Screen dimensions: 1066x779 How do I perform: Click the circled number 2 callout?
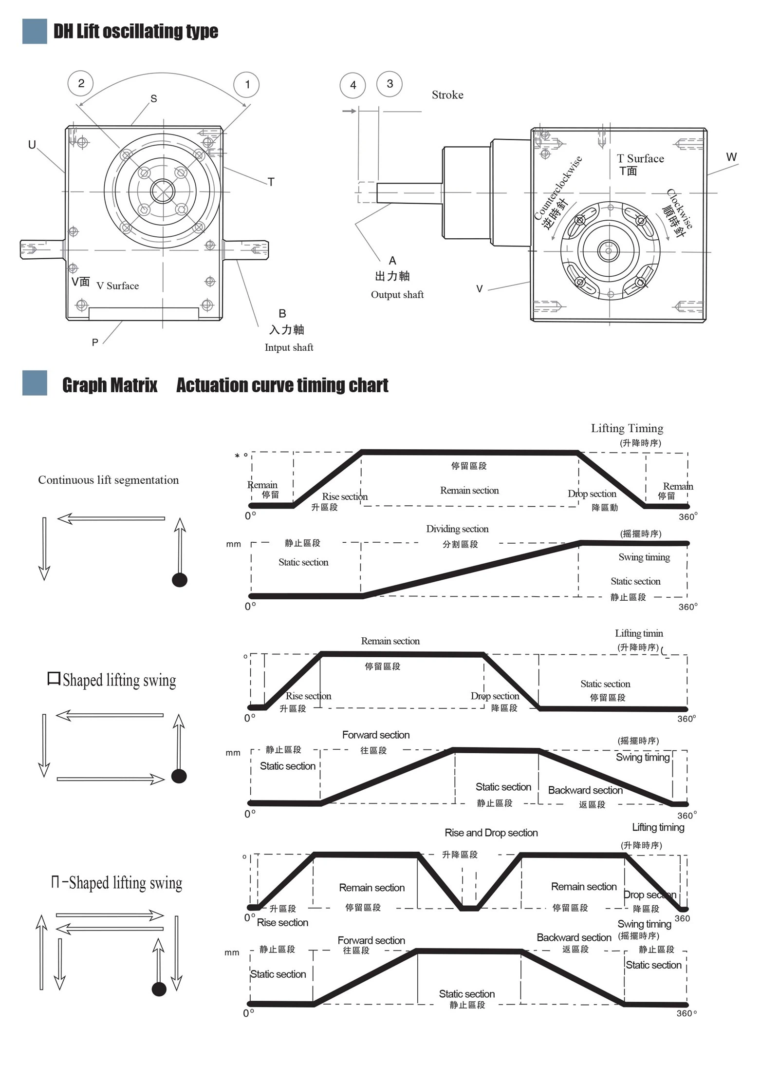pos(81,83)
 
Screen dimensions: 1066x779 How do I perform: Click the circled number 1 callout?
pos(247,85)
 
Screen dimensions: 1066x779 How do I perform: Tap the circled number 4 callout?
pos(352,85)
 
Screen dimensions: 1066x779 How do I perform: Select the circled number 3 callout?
pos(389,84)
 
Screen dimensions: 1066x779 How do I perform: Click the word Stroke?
pos(447,95)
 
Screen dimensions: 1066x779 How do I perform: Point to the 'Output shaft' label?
pos(397,295)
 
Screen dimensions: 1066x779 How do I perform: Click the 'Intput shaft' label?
pos(289,347)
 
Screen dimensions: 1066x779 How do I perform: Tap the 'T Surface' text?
pos(640,159)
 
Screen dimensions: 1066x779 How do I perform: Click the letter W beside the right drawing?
pos(731,157)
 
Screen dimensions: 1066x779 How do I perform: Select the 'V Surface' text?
pos(117,286)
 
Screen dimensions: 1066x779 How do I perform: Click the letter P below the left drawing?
pos(95,343)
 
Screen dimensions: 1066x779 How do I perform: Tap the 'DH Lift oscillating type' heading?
pos(135,32)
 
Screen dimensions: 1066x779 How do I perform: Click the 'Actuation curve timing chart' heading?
pos(282,385)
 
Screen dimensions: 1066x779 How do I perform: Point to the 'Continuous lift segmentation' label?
pos(108,480)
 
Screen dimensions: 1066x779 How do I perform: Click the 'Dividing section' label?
pos(457,529)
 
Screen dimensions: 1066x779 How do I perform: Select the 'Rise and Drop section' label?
pos(491,833)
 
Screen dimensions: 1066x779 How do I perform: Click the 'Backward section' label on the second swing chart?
pos(585,790)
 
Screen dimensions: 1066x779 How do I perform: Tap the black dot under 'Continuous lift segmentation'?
pos(180,580)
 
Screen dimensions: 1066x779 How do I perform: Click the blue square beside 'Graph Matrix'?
pos(35,383)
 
